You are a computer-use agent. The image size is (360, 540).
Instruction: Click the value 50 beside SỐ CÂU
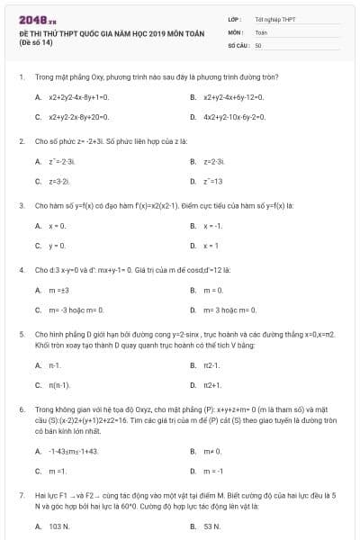[257, 44]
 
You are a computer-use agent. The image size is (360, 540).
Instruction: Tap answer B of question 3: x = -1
[212, 225]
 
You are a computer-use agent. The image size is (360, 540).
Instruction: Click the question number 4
[21, 270]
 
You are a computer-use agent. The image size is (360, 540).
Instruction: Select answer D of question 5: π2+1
[212, 385]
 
